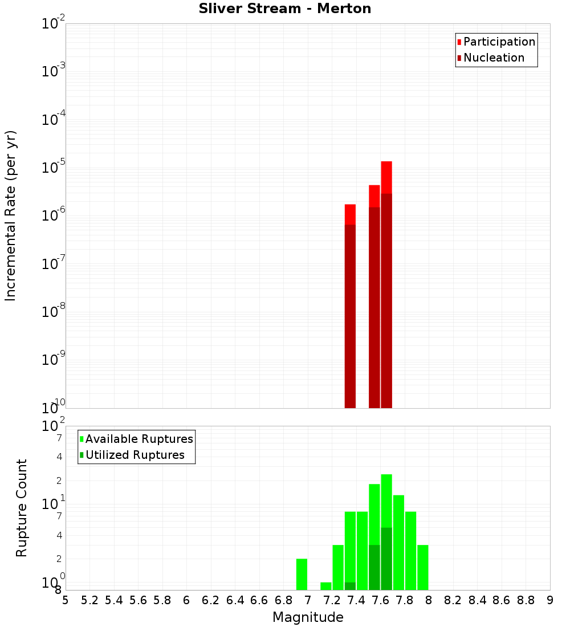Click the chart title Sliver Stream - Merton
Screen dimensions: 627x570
(x=284, y=9)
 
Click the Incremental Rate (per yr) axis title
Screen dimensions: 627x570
(x=11, y=215)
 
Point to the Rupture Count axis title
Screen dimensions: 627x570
(x=22, y=508)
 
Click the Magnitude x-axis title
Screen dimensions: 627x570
(x=308, y=617)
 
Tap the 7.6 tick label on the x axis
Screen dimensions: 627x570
(x=380, y=600)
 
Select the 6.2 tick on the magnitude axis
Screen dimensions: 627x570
(x=211, y=600)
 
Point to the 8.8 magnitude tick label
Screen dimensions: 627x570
(x=526, y=600)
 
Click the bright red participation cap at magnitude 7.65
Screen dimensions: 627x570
(x=386, y=177)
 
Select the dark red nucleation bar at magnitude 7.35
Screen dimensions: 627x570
(x=350, y=316)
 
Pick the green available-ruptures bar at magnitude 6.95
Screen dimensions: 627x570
(x=302, y=575)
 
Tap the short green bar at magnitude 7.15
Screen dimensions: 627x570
(x=326, y=586)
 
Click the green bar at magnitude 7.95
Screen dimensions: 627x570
(x=422, y=567)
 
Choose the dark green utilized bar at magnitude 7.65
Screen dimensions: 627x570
(x=386, y=559)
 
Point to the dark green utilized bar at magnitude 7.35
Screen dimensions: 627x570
(x=350, y=586)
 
